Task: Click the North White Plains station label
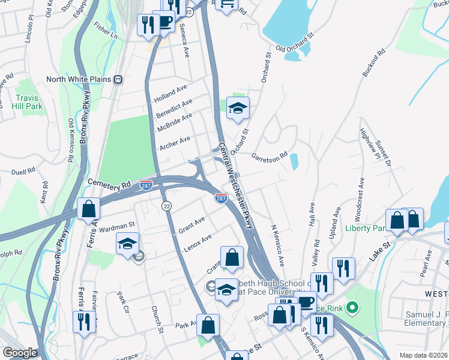80,79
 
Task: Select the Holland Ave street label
170,94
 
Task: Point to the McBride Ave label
174,122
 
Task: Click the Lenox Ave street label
197,242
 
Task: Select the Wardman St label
116,226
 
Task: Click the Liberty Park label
364,228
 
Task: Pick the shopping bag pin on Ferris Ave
89,209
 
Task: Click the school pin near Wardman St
127,244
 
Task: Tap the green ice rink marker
352,308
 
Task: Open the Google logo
19,353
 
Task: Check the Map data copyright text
424,355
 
